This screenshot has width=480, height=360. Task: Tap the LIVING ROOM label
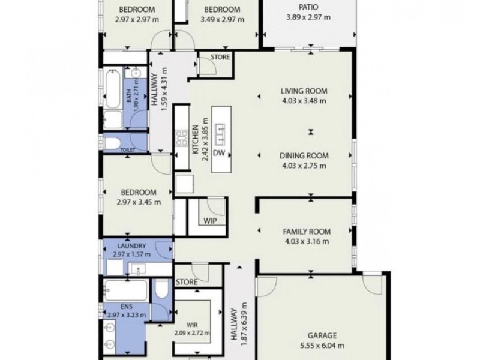click(x=304, y=91)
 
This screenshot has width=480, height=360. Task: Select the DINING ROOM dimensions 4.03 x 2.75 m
click(x=304, y=165)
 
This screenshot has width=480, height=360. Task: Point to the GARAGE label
click(x=322, y=335)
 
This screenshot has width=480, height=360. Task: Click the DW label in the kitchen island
click(x=218, y=153)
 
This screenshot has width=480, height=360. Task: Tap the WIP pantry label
click(x=210, y=221)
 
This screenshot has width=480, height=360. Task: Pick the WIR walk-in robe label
click(x=193, y=325)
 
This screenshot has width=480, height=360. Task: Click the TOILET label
click(x=128, y=150)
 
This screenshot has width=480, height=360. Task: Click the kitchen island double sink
click(x=220, y=129)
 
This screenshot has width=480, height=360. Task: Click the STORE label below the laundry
click(x=187, y=281)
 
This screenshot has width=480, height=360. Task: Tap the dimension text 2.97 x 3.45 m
click(x=139, y=202)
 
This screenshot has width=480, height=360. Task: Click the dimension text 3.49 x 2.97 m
click(x=222, y=19)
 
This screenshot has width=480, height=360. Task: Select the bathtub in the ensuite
click(x=124, y=290)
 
